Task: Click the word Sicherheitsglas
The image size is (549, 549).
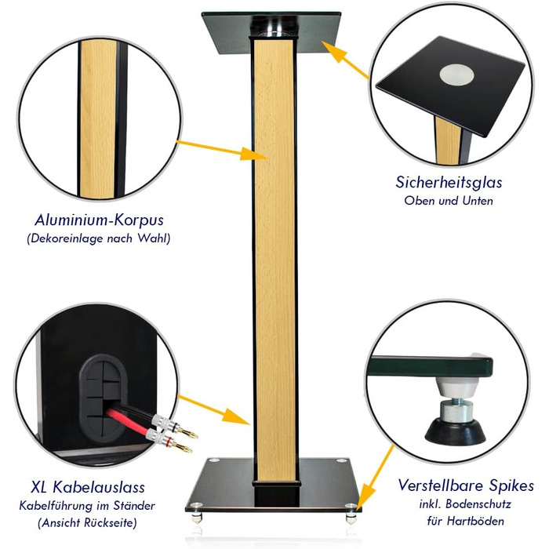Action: pos(449,183)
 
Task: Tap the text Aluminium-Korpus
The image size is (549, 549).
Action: pos(99,220)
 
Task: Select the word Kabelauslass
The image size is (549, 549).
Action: pos(99,487)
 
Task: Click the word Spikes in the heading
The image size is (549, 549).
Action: pos(508,486)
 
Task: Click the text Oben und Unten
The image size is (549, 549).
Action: pos(449,201)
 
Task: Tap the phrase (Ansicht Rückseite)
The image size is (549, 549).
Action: pos(87,523)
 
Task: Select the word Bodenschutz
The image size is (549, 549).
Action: pos(478,504)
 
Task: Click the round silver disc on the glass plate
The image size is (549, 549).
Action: pos(456,75)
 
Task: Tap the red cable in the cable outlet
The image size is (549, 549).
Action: pos(129,423)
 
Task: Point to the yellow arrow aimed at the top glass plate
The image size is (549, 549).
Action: pos(345,60)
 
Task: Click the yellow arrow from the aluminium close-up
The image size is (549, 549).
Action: pos(221,151)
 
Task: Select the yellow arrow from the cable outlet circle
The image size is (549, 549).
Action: pos(213,409)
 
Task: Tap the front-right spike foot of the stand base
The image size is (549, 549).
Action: pos(351,514)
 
